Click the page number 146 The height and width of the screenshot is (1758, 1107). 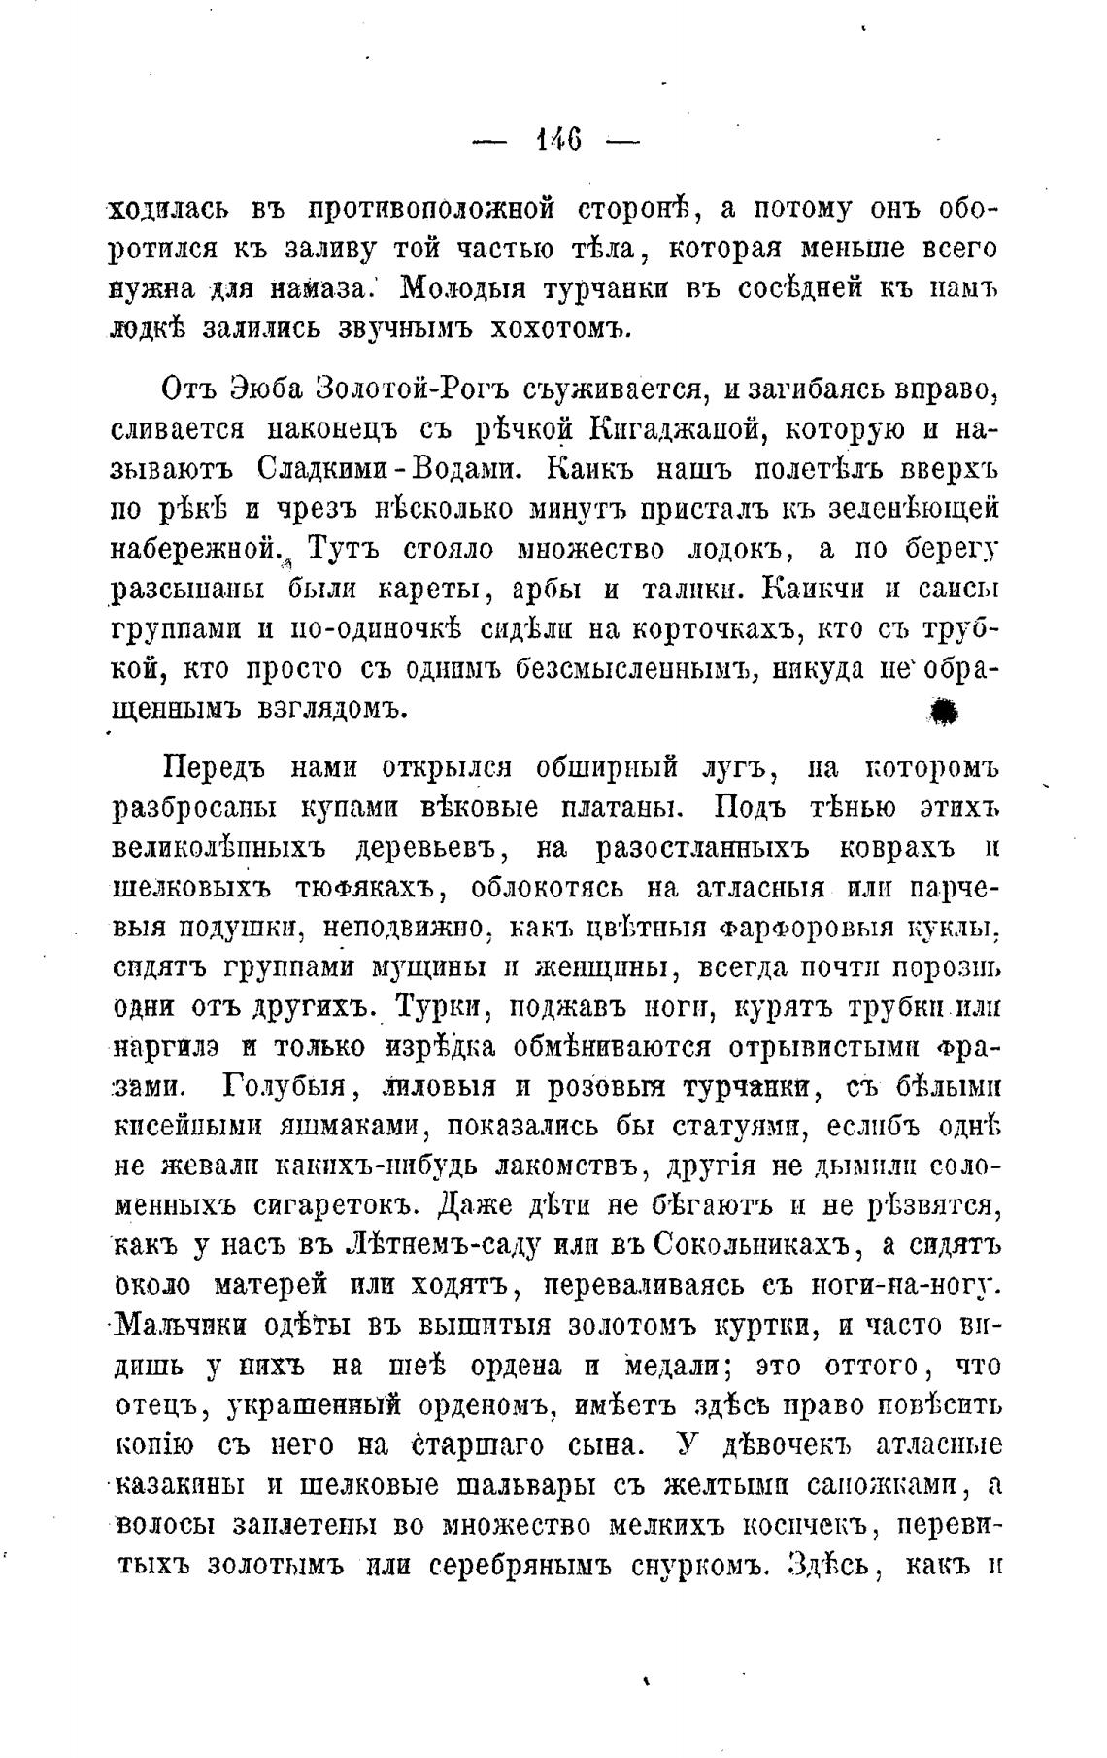click(x=557, y=141)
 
